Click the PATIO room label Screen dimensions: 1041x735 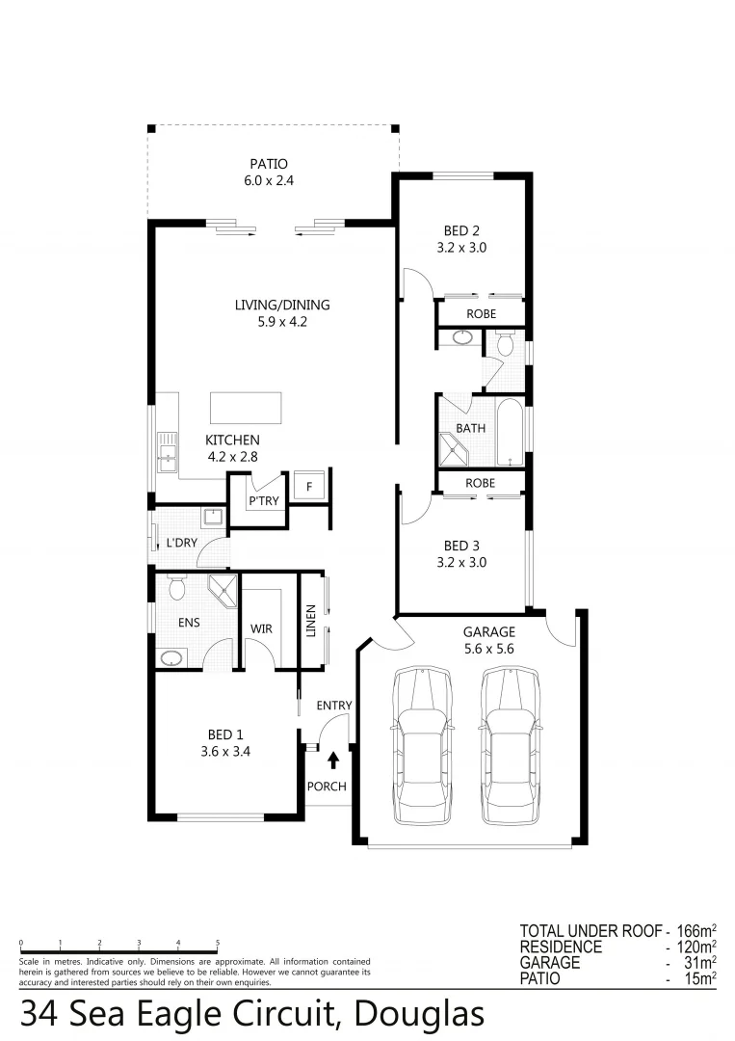[x=269, y=164]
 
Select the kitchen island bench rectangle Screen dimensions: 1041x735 [x=246, y=408]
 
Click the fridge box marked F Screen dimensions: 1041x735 [x=309, y=485]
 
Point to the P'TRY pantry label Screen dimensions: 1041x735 [x=263, y=501]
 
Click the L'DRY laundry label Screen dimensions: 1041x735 [x=181, y=543]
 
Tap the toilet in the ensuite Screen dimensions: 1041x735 [x=175, y=586]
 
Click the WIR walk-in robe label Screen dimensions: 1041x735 [x=261, y=628]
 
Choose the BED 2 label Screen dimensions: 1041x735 [x=461, y=230]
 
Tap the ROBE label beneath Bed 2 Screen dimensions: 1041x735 [x=481, y=314]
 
